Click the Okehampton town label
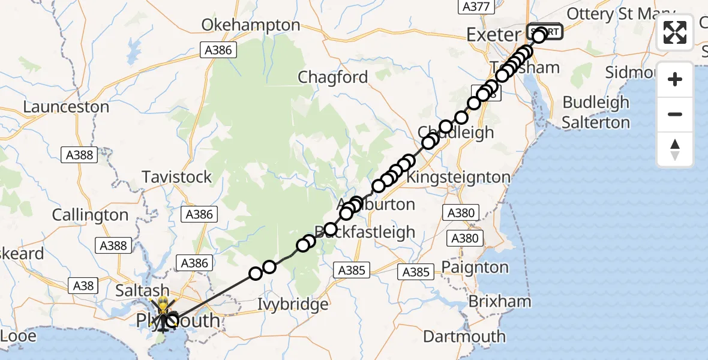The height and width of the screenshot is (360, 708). (251, 25)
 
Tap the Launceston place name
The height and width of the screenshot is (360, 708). (66, 107)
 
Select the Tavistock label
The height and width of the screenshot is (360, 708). (177, 177)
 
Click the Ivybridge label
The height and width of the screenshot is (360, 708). (293, 304)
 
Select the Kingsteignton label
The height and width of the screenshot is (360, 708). (459, 178)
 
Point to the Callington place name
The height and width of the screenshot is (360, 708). (91, 215)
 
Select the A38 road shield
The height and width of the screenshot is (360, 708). (84, 286)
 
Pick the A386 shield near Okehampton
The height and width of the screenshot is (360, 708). (218, 50)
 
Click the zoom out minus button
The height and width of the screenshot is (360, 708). (675, 114)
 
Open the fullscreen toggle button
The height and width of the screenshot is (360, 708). (675, 32)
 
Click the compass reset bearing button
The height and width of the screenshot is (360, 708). (675, 149)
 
